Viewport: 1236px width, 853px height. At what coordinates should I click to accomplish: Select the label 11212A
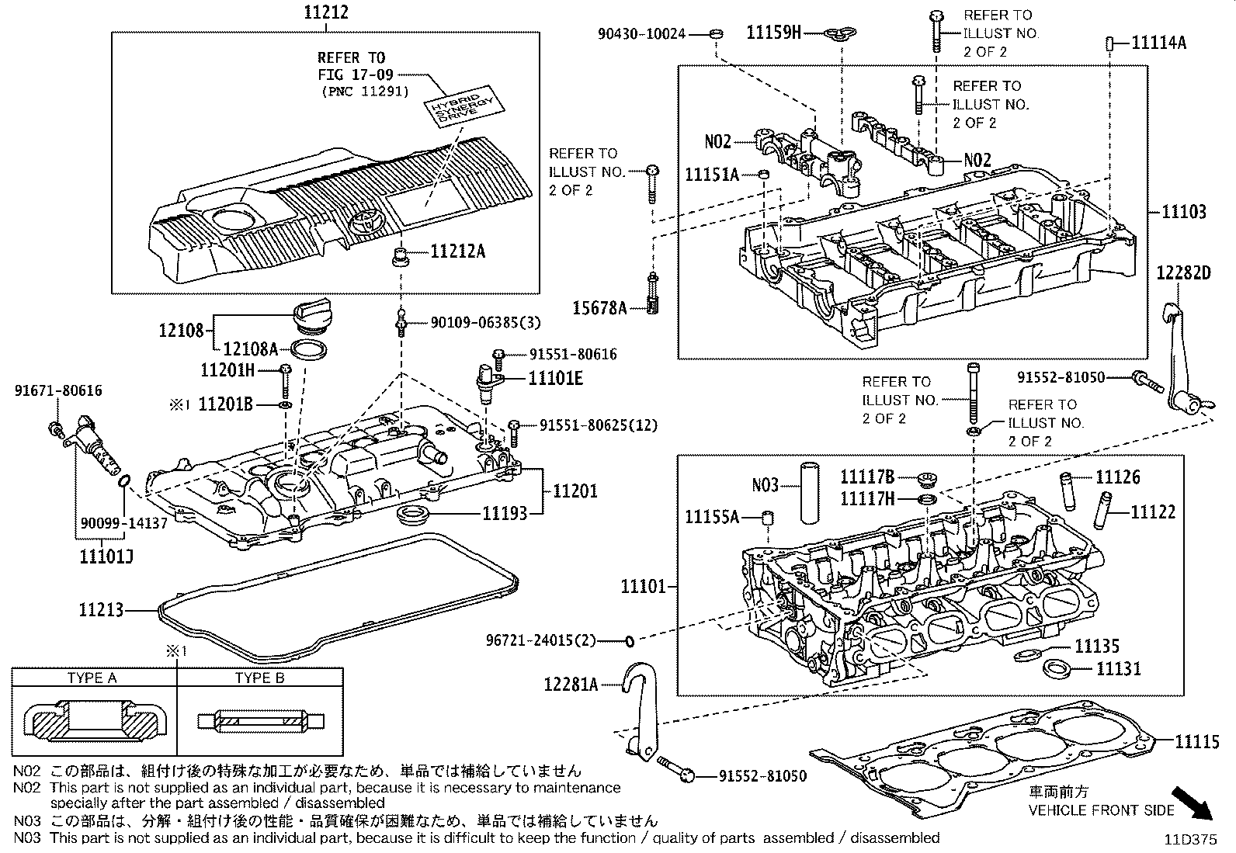click(x=457, y=251)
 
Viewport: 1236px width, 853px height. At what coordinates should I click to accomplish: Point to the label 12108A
click(x=251, y=349)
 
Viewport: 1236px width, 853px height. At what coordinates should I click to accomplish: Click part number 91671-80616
click(x=57, y=391)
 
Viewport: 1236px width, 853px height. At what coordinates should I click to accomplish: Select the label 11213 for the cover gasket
click(x=100, y=610)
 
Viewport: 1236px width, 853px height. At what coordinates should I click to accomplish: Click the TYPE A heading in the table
click(x=92, y=678)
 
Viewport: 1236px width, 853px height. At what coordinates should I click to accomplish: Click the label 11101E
click(x=555, y=378)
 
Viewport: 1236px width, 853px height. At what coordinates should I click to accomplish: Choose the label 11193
click(x=505, y=512)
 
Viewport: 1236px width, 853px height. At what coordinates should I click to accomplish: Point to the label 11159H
click(x=773, y=32)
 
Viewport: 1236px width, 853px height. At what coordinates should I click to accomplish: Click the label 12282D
click(x=1183, y=272)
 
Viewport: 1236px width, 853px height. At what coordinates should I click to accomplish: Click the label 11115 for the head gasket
click(x=1196, y=742)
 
